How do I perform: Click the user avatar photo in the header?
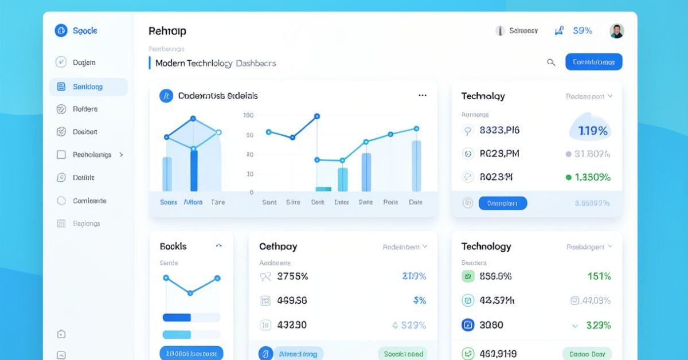pyautogui.click(x=616, y=31)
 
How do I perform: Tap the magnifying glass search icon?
pyautogui.click(x=551, y=62)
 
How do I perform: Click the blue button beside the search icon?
pyautogui.click(x=593, y=62)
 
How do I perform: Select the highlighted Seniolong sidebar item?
pyautogui.click(x=88, y=87)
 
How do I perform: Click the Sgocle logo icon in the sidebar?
pyautogui.click(x=61, y=30)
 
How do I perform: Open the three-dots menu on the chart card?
pyautogui.click(x=423, y=96)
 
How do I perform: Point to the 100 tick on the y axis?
pyautogui.click(x=248, y=115)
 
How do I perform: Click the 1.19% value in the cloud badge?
pyautogui.click(x=593, y=131)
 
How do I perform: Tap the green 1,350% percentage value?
pyautogui.click(x=592, y=177)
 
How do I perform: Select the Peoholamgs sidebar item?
pyautogui.click(x=92, y=155)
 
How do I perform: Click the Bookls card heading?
pyautogui.click(x=173, y=246)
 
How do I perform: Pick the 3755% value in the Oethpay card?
pyautogui.click(x=292, y=276)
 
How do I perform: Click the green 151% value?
pyautogui.click(x=599, y=276)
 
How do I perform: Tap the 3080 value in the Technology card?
pyautogui.click(x=491, y=325)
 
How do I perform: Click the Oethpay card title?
pyautogui.click(x=278, y=246)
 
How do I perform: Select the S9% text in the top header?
pyautogui.click(x=582, y=31)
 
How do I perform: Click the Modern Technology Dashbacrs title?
pyautogui.click(x=216, y=63)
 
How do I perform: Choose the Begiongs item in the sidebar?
pyautogui.click(x=87, y=224)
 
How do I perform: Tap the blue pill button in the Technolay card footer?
pyautogui.click(x=502, y=203)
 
